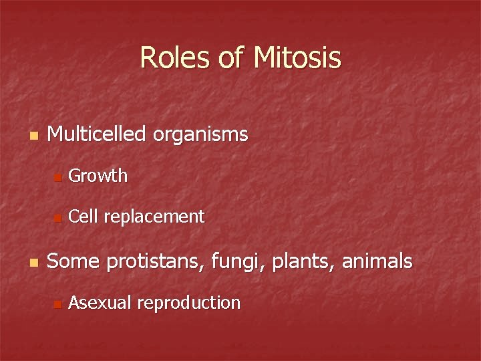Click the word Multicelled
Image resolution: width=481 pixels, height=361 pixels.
[96, 135]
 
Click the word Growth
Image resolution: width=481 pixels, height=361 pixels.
[98, 176]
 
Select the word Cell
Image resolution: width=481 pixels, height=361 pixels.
[83, 216]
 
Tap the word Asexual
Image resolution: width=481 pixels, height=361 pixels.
[100, 303]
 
